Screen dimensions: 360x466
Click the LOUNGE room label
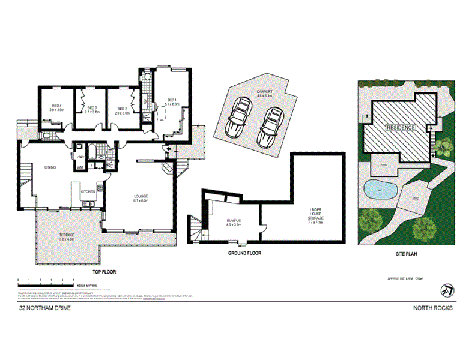click(141, 198)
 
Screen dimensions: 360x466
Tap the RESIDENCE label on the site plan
click(401, 128)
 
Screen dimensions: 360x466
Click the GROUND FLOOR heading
click(244, 253)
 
